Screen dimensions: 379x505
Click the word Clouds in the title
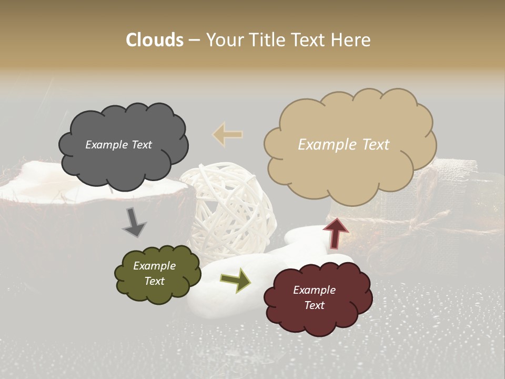(155, 40)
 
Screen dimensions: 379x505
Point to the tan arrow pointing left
(228, 134)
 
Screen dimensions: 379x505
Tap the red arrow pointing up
(336, 232)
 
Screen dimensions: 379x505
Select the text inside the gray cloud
(118, 145)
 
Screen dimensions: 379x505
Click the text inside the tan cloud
(344, 145)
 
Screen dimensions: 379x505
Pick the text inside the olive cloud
(154, 274)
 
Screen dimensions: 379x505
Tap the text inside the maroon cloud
(314, 298)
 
